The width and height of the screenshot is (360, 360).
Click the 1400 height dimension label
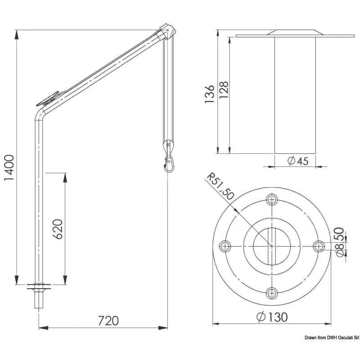pyautogui.click(x=9, y=168)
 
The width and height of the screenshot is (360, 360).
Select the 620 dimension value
pyautogui.click(x=58, y=229)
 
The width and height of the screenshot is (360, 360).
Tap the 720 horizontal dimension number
pyautogui.click(x=108, y=321)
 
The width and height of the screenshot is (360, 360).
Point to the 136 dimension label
pyautogui.click(x=209, y=94)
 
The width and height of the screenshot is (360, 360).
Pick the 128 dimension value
pyautogui.click(x=224, y=90)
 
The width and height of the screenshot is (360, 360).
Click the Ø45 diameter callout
pyautogui.click(x=298, y=161)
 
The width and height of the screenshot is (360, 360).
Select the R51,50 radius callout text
pyautogui.click(x=220, y=186)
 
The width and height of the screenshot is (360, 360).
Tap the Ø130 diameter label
pyautogui.click(x=272, y=317)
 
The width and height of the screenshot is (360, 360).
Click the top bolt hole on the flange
pyautogui.click(x=272, y=199)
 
